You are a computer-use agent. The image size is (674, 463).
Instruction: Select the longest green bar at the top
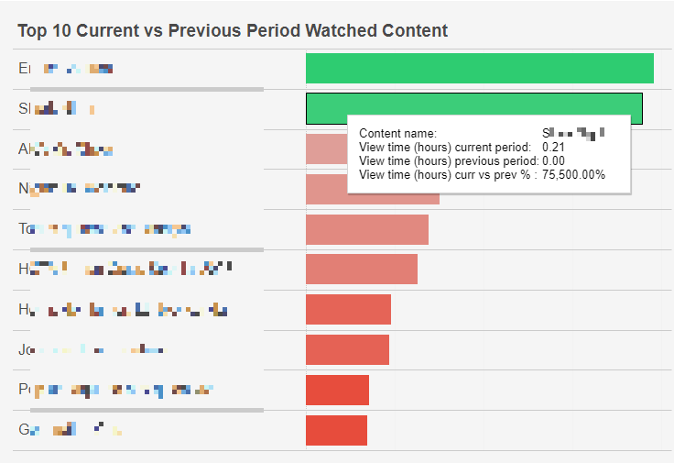[479, 69]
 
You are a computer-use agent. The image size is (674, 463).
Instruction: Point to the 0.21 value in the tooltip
[553, 148]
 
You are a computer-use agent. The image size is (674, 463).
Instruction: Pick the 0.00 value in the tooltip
[554, 160]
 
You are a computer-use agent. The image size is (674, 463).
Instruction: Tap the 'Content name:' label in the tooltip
[397, 134]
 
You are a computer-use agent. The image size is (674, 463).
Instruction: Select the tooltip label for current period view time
[444, 148]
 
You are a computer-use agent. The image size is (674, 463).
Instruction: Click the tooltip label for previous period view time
[447, 160]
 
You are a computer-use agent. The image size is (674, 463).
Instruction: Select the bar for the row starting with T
[366, 229]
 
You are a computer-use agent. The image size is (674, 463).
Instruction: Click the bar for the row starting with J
[347, 349]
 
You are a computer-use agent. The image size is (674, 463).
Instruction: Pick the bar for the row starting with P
[337, 390]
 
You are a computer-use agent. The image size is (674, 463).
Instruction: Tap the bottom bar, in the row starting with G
[336, 430]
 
